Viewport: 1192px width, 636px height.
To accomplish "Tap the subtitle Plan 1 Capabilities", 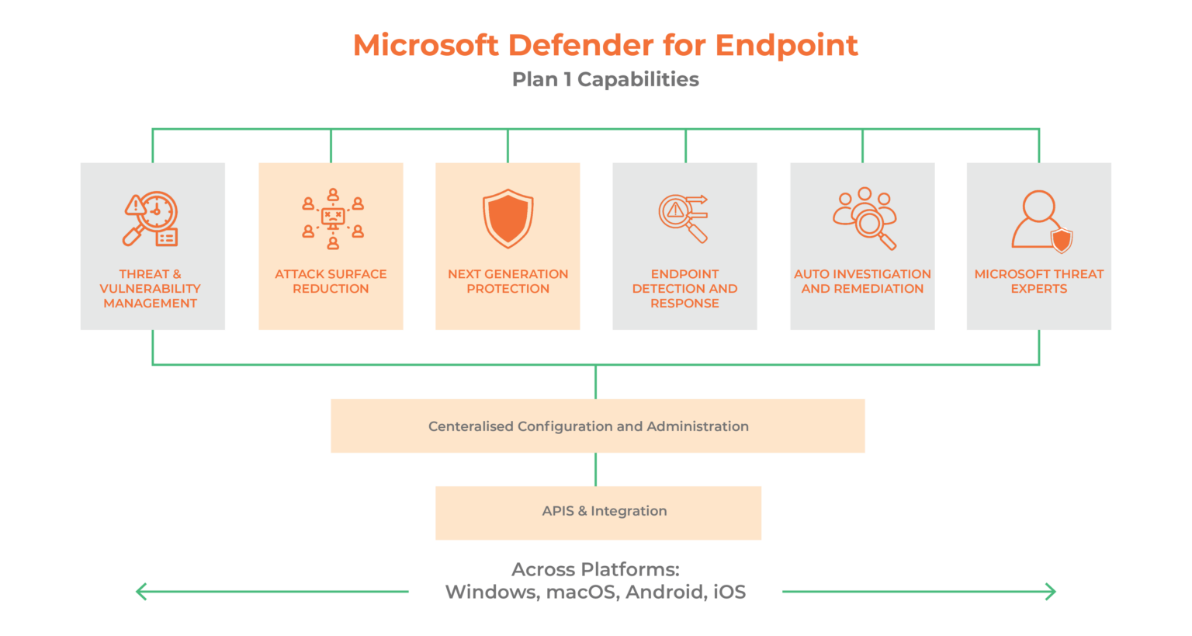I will click(605, 79).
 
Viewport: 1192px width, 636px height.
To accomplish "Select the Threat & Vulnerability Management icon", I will click(151, 219).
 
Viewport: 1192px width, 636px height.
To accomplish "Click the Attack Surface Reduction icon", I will click(332, 218).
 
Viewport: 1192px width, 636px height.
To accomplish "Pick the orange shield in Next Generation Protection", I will click(508, 218).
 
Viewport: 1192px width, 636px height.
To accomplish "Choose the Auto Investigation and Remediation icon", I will click(865, 218).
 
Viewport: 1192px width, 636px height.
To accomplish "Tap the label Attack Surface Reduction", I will click(331, 281).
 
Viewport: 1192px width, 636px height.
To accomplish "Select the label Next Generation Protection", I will click(508, 281).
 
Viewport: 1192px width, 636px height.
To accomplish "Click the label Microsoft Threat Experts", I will click(1038, 281).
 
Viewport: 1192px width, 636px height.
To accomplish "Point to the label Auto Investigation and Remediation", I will click(862, 281).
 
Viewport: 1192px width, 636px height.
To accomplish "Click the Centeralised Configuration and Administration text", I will click(588, 426).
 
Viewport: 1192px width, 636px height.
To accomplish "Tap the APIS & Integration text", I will click(605, 511).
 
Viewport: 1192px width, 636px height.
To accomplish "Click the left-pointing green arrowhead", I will click(140, 592).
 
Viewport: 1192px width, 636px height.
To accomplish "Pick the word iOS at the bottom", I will click(729, 593).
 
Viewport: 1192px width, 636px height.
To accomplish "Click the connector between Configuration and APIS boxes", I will click(596, 469).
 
